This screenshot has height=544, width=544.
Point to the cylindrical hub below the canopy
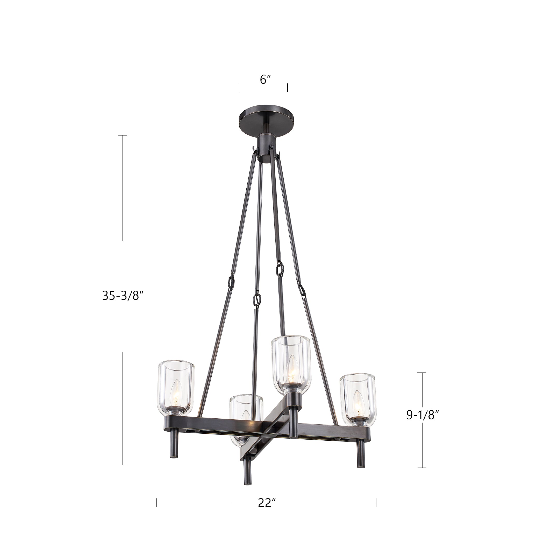265,148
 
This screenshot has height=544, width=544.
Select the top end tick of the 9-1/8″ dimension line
421,373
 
